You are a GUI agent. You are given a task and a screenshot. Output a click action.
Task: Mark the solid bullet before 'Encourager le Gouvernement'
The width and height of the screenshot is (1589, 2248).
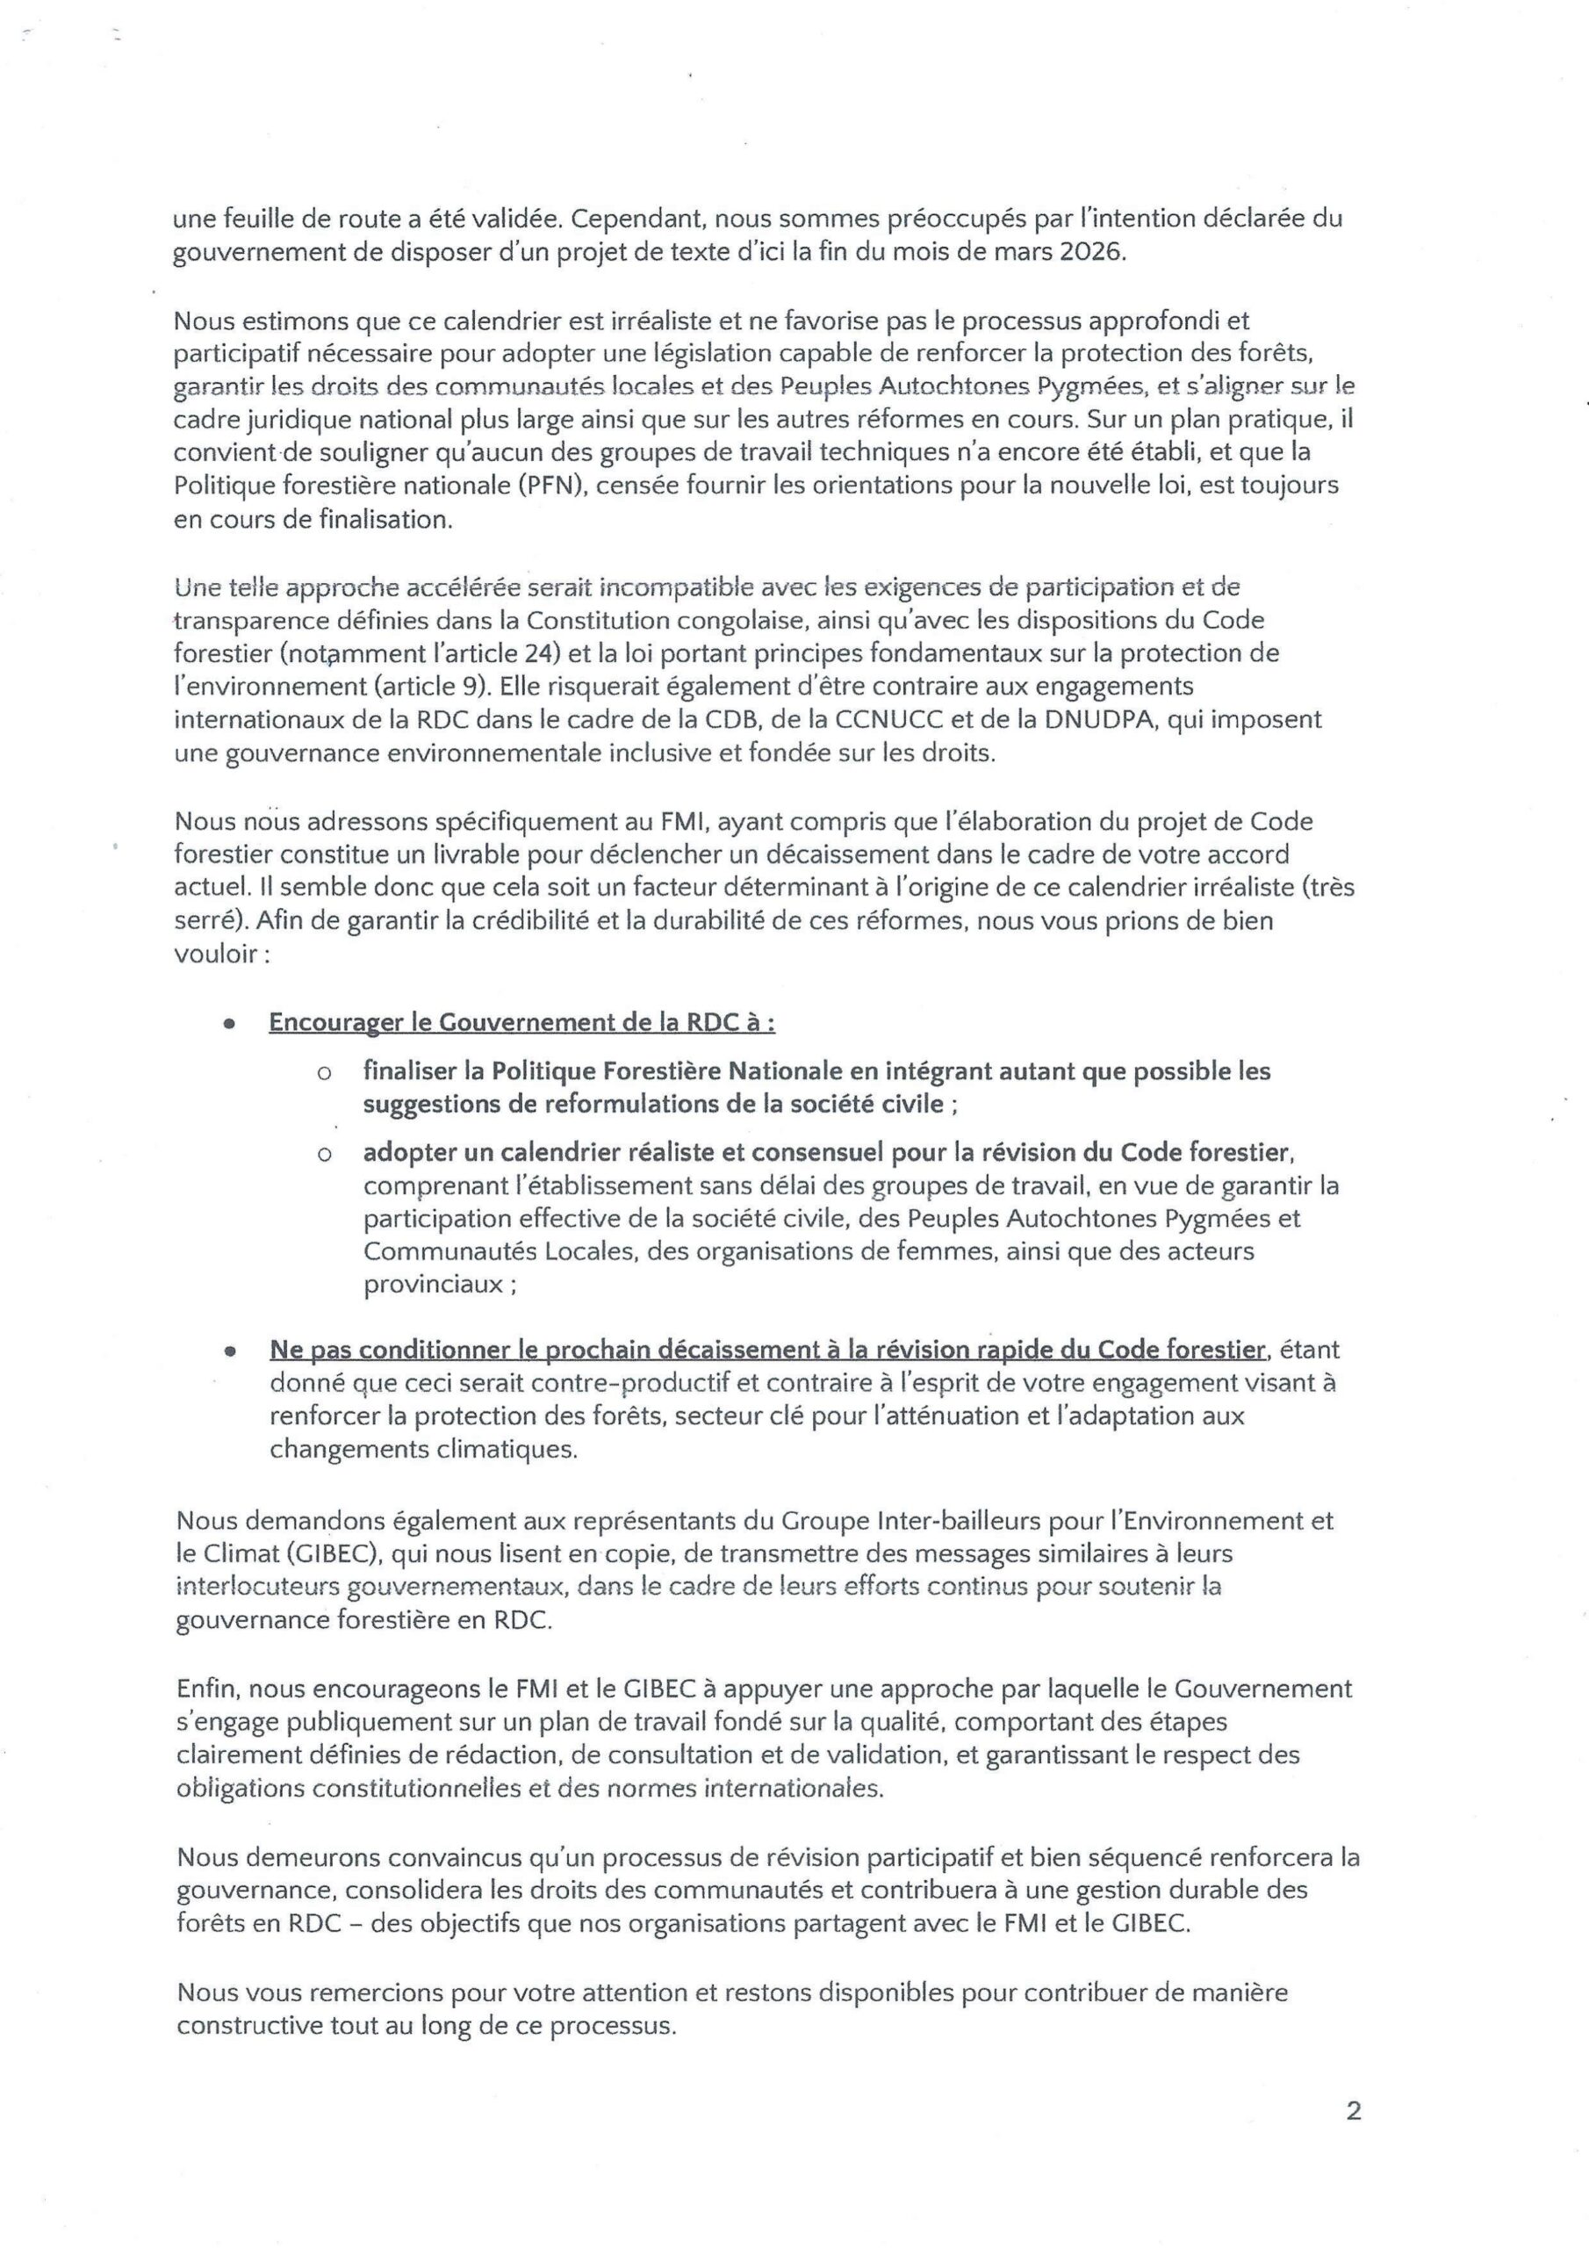pos(229,1023)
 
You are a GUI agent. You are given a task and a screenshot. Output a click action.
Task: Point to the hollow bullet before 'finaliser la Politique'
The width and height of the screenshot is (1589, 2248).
pos(323,1074)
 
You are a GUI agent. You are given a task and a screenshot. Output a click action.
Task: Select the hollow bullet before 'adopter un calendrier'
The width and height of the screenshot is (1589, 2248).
pos(323,1156)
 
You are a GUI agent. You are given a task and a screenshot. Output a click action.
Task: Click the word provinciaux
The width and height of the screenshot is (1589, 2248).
pos(434,1285)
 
